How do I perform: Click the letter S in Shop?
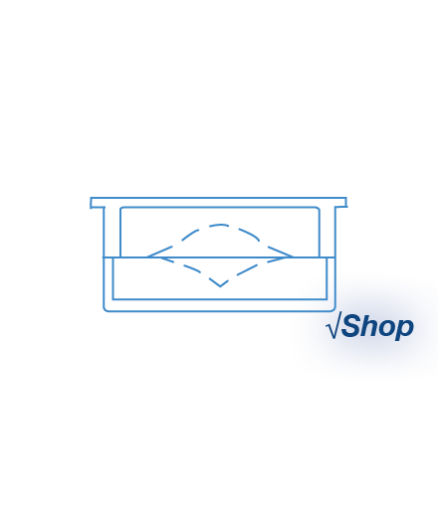click(x=352, y=325)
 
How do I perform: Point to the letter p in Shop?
click(x=404, y=330)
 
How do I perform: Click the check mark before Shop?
click(x=333, y=326)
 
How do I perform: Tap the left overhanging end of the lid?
click(x=91, y=203)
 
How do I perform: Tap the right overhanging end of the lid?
click(x=346, y=202)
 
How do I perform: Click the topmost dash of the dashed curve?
click(x=219, y=226)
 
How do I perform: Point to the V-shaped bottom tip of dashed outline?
click(x=220, y=286)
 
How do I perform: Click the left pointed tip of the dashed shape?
click(x=147, y=256)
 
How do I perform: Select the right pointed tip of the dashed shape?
click(x=292, y=256)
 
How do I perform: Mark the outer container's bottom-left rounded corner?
click(x=106, y=309)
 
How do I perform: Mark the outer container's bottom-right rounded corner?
click(x=332, y=309)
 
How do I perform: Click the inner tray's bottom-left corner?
click(x=113, y=299)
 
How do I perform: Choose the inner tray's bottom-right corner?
click(x=327, y=299)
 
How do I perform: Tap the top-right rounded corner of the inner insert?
click(x=318, y=209)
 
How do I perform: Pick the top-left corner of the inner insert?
click(x=121, y=209)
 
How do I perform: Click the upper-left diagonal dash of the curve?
click(x=190, y=235)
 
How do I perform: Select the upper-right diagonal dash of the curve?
click(x=249, y=235)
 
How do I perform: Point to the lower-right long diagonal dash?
click(x=247, y=269)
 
